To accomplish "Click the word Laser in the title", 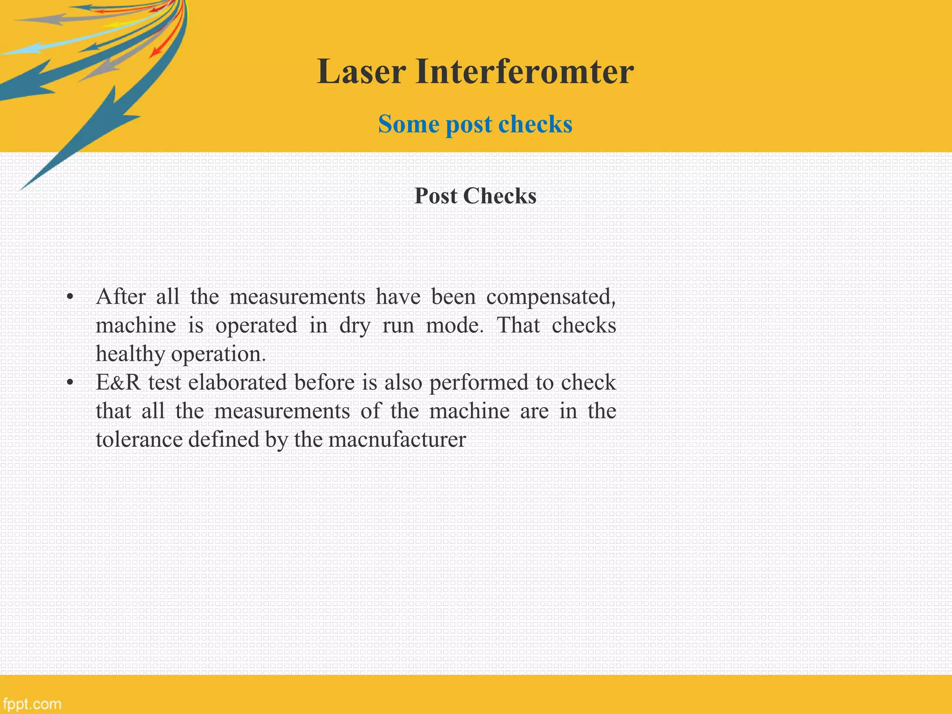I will coord(362,72).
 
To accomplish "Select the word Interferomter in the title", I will coord(524,72).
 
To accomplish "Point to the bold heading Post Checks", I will coord(475,196).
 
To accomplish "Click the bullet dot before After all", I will coord(70,297).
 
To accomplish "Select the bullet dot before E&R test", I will coord(70,383).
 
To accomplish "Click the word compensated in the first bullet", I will coord(550,297).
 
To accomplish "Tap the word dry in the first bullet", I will coord(354,326).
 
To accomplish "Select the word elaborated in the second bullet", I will coord(238,383).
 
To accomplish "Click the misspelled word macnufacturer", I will coord(397,440).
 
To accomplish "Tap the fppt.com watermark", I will coord(32,704).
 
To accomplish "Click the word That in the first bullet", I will coord(518,325).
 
